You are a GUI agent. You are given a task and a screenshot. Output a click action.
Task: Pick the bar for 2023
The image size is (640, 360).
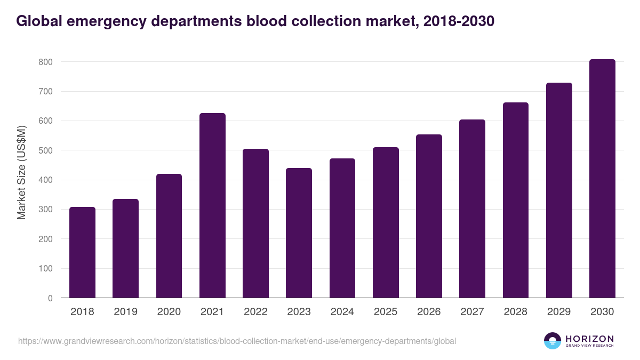(x=299, y=233)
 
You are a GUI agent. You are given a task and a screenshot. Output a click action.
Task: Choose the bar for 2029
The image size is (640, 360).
(x=559, y=190)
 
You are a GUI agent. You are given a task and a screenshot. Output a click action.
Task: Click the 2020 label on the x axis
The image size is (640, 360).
(x=169, y=312)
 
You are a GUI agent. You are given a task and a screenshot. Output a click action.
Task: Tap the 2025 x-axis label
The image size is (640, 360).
(x=386, y=312)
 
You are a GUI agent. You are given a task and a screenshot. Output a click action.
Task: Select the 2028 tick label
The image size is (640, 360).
(x=516, y=312)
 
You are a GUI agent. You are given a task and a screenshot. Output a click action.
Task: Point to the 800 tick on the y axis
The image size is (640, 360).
(x=45, y=62)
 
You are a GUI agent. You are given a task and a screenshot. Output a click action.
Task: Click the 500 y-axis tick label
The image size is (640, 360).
(x=45, y=150)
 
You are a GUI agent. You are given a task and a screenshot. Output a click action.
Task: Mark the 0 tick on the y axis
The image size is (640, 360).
(x=50, y=298)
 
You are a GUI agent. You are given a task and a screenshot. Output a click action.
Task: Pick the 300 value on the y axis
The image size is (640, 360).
(x=45, y=210)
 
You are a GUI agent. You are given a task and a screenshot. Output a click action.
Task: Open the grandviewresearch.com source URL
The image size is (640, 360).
(x=237, y=341)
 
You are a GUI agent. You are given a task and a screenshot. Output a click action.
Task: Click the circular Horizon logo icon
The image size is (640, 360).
(x=553, y=341)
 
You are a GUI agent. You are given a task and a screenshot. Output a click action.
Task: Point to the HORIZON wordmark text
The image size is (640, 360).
(x=589, y=338)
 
